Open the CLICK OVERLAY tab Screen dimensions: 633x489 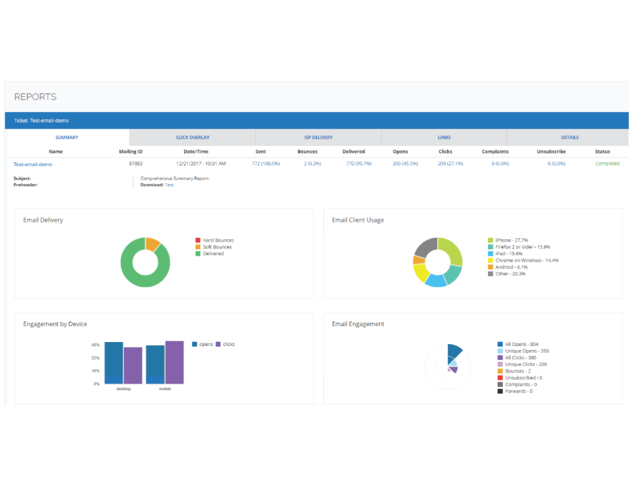pos(193,138)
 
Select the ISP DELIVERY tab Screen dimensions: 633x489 pos(318,138)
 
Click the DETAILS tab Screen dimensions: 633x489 pos(570,138)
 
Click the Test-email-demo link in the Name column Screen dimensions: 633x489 pos(33,164)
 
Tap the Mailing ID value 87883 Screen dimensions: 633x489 pos(136,163)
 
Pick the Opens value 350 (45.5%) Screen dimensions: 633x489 pos(406,163)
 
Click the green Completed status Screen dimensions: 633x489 pos(607,163)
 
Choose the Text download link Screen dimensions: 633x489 pos(169,185)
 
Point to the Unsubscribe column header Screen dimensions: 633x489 pos(551,152)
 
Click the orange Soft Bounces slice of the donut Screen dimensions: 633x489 pos(152,244)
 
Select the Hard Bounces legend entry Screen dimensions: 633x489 pos(214,240)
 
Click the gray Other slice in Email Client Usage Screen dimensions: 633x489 pos(425,247)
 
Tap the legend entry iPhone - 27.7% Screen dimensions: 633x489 pos(508,240)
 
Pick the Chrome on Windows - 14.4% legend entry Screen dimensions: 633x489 pos(523,260)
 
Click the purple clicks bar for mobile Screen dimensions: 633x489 pos(174,362)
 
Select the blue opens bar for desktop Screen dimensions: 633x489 pos(114,362)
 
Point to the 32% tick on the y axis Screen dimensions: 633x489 pos(95,358)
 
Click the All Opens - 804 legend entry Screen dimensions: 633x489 pos(518,344)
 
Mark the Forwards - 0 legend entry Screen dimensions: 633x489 pos(515,391)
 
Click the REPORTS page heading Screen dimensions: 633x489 pos(35,97)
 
